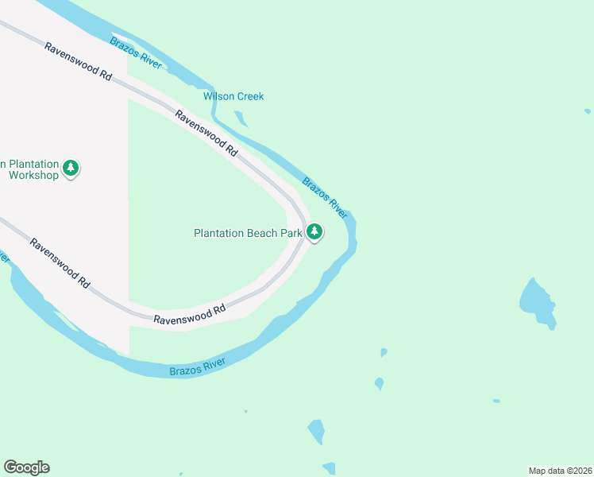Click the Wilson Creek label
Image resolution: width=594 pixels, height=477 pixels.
point(233,96)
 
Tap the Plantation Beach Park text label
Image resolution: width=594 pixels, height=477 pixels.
point(248,233)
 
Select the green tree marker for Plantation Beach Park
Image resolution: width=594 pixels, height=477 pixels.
point(315,232)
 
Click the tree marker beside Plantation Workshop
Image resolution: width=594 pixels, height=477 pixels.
point(71,168)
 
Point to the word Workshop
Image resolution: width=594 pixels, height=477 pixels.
point(34,175)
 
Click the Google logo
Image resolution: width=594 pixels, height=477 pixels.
point(26,467)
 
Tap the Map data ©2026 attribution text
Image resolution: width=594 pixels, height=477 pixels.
point(559,471)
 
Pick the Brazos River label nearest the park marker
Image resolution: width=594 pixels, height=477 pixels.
point(325,197)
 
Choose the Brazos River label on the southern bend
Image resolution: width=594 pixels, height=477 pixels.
point(198,367)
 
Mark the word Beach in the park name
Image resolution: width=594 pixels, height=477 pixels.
point(263,233)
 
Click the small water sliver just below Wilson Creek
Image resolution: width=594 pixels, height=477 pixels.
point(241,119)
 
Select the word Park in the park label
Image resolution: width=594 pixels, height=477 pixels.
point(291,233)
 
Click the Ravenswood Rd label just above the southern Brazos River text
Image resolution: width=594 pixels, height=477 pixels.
point(190,315)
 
